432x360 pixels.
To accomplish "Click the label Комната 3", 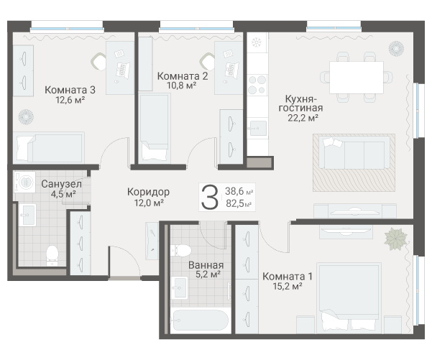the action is (x=70, y=90).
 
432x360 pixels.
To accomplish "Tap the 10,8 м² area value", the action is (x=182, y=86).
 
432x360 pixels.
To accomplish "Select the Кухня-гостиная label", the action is (x=300, y=103).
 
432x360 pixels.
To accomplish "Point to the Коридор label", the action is (x=148, y=192).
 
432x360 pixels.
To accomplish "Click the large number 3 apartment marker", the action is (x=210, y=197).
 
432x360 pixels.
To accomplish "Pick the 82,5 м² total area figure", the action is (x=239, y=203).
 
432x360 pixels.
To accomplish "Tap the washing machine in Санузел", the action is (x=24, y=182).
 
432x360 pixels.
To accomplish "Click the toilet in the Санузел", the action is (x=52, y=256).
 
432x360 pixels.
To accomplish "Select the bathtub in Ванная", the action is (x=201, y=320).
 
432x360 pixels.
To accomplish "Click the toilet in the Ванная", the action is (x=180, y=251).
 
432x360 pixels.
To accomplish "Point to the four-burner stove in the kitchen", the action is (x=257, y=85).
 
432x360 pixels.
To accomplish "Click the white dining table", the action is (x=357, y=78).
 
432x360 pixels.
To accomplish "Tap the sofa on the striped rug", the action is (x=354, y=153).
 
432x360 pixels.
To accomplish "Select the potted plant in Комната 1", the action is (x=396, y=239).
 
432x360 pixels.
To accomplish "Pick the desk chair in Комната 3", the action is (x=98, y=61).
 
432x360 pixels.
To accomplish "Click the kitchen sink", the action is (x=257, y=129).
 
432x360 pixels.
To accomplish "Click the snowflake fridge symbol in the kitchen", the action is (x=257, y=42).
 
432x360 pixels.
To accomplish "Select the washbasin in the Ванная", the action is (x=180, y=288).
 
